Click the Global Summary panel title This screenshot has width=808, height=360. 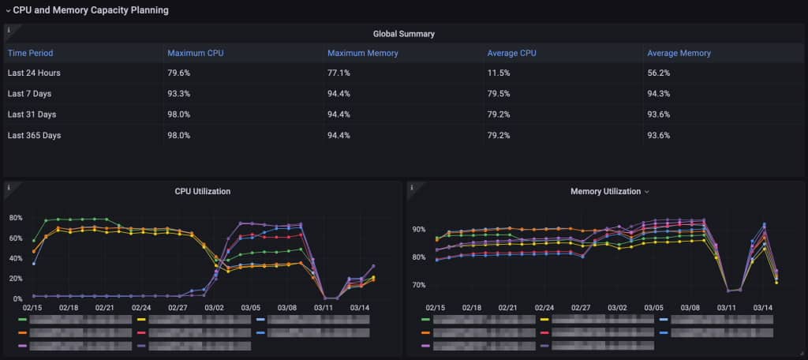click(x=403, y=34)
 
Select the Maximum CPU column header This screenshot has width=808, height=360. click(x=193, y=54)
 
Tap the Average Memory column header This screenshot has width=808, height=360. click(x=679, y=54)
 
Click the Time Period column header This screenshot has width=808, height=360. click(x=30, y=54)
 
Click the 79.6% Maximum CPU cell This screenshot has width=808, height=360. click(x=178, y=73)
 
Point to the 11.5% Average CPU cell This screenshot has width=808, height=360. click(x=498, y=73)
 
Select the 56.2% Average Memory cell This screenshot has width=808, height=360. click(x=658, y=73)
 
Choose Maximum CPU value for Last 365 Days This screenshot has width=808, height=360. click(x=178, y=135)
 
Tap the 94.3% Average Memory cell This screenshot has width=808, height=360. click(x=658, y=94)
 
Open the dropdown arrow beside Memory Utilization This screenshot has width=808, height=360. click(x=647, y=192)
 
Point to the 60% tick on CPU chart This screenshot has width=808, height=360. click(x=15, y=238)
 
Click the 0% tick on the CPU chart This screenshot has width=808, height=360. click(x=17, y=299)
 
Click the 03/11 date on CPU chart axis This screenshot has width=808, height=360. click(x=324, y=308)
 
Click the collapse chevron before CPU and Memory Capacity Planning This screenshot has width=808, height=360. click(x=8, y=10)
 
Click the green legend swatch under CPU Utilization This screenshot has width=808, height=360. click(x=22, y=320)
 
